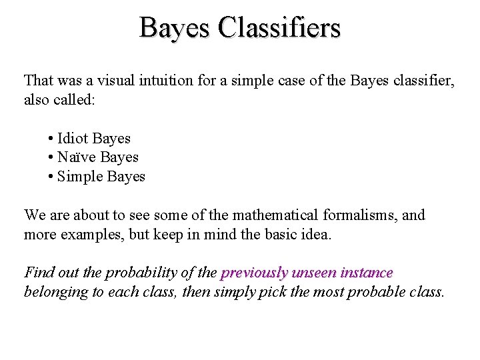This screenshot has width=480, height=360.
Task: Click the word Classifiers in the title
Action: pyautogui.click(x=279, y=28)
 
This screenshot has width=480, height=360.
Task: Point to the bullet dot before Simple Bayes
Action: pyautogui.click(x=51, y=177)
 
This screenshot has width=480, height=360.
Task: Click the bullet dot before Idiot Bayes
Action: pyautogui.click(x=51, y=139)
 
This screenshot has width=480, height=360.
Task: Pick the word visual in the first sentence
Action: pyautogui.click(x=114, y=81)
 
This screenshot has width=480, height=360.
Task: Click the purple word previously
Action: pyautogui.click(x=254, y=273)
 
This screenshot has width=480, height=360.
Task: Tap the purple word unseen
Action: pyautogui.click(x=314, y=273)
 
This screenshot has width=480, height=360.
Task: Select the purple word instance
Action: pyautogui.click(x=367, y=273)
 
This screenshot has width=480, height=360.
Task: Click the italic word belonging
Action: pyautogui.click(x=51, y=292)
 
